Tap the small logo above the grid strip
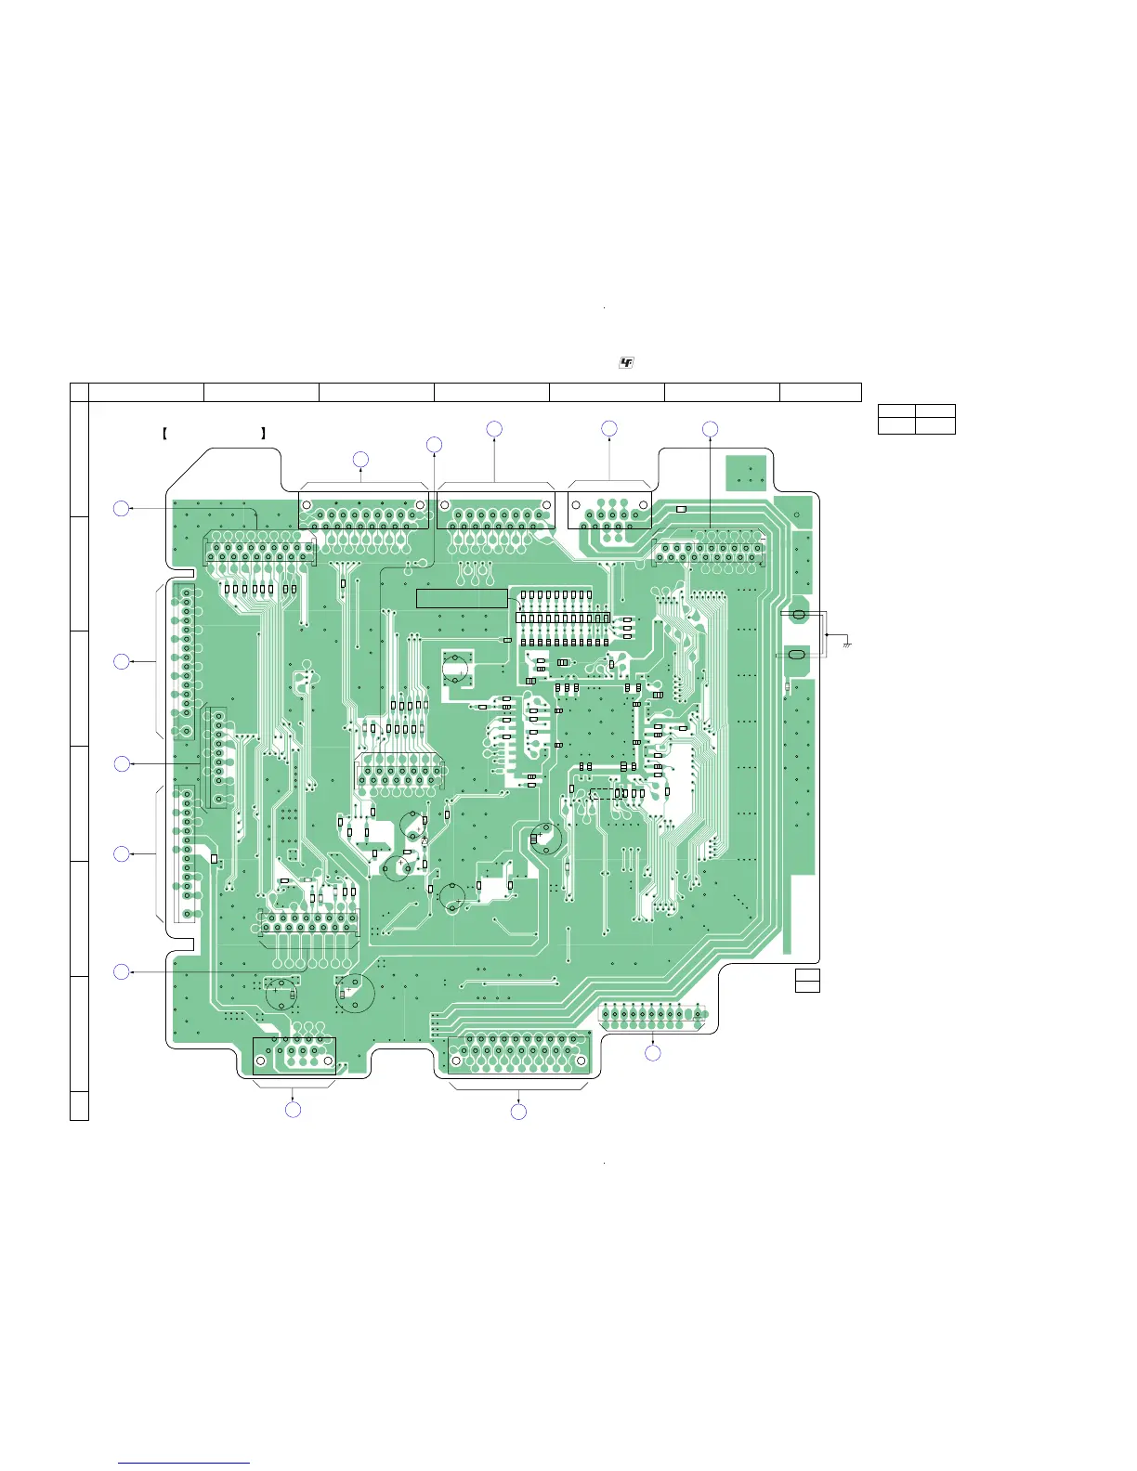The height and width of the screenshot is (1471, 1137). (x=626, y=362)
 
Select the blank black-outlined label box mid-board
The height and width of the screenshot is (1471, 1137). (x=462, y=598)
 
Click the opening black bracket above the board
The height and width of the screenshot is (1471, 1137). (x=164, y=433)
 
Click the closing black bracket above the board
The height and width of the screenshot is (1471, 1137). (x=264, y=433)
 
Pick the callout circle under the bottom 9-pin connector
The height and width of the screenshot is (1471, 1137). (x=293, y=1110)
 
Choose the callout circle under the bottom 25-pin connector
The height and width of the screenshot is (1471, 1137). (x=519, y=1112)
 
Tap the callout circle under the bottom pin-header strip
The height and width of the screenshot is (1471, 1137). (x=653, y=1053)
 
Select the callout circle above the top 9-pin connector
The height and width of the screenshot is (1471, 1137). (x=608, y=428)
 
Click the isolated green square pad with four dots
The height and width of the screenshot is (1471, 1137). (x=746, y=472)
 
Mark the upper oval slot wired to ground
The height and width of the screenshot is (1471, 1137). (x=796, y=615)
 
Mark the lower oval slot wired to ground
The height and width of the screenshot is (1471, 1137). (x=795, y=656)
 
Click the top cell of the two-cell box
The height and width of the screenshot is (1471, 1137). (x=807, y=974)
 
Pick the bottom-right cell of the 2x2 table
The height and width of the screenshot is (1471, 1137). (x=934, y=425)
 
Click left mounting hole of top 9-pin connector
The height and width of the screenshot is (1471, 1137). (x=577, y=506)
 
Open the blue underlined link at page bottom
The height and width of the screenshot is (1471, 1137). (x=184, y=1463)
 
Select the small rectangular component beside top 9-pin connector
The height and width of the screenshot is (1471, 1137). (x=681, y=509)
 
